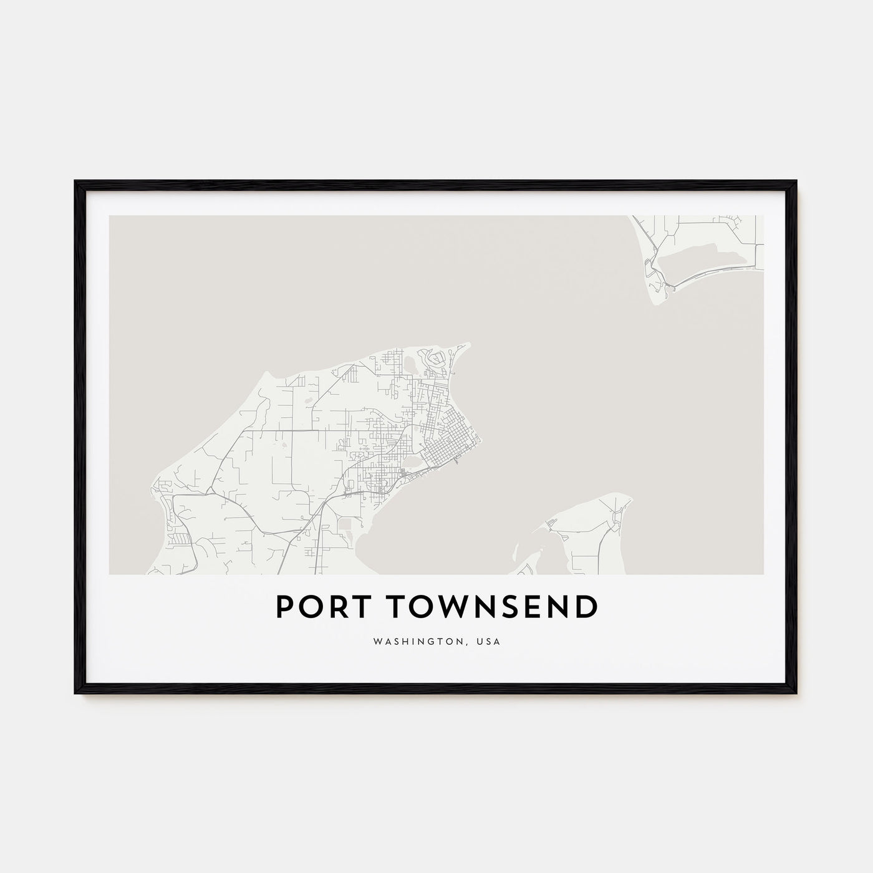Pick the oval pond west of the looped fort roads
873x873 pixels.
(x=409, y=363)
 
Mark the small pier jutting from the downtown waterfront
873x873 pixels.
(x=458, y=462)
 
